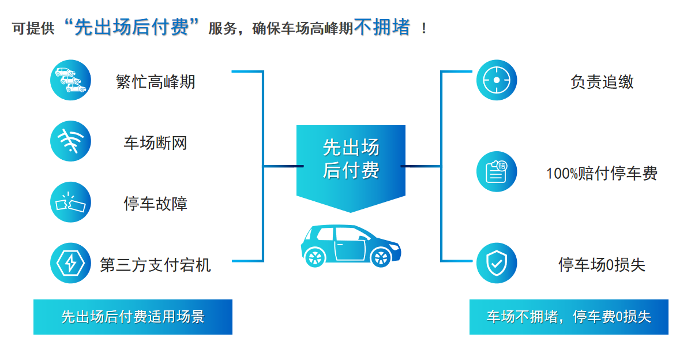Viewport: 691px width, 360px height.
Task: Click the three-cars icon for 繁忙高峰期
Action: click(x=70, y=80)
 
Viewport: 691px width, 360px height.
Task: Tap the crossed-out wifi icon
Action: click(x=70, y=141)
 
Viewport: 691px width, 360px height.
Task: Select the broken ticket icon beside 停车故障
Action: click(x=70, y=202)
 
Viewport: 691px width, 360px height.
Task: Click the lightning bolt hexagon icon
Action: click(x=70, y=263)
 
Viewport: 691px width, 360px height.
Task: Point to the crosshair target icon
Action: click(x=497, y=80)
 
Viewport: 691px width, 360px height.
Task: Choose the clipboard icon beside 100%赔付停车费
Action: click(x=497, y=172)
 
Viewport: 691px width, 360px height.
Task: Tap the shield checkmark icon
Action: click(x=497, y=263)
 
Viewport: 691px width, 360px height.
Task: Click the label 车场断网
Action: click(x=156, y=143)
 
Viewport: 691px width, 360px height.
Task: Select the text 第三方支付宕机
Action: click(x=156, y=265)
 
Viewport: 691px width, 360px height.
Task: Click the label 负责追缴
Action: click(x=602, y=82)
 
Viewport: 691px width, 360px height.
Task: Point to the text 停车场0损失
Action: click(x=602, y=265)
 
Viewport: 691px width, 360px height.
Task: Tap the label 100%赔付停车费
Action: click(x=602, y=174)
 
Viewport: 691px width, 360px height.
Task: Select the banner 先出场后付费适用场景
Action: click(x=133, y=317)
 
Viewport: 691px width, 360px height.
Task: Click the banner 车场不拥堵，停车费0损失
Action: click(x=569, y=317)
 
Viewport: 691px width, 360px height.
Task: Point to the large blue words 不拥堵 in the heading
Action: click(x=382, y=27)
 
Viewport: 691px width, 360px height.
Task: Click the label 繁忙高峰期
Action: click(x=156, y=82)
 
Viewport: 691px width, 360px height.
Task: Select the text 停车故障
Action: click(x=156, y=204)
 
